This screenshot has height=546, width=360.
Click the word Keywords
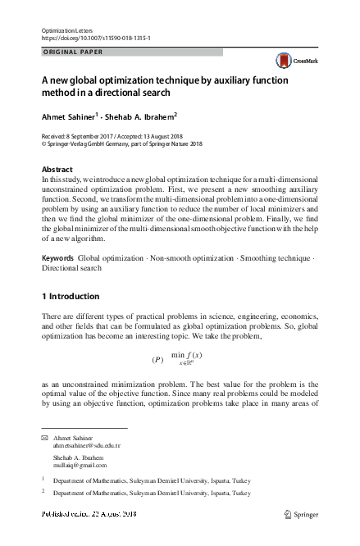(57, 258)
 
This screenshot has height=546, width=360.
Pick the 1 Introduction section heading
(71, 296)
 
